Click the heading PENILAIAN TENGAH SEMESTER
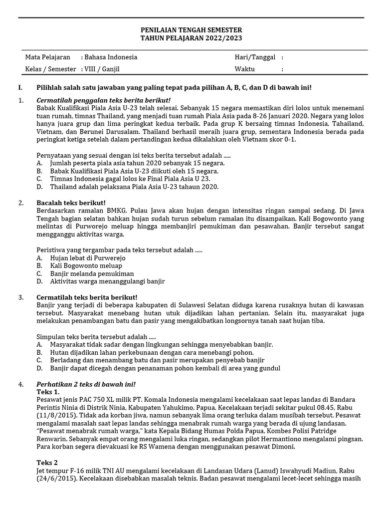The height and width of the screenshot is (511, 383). click(x=191, y=30)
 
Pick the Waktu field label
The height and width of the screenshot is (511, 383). click(x=245, y=69)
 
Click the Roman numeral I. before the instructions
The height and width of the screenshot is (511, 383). click(x=20, y=87)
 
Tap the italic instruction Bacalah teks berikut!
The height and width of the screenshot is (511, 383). click(x=71, y=203)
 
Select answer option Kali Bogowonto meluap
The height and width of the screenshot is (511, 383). click(x=86, y=266)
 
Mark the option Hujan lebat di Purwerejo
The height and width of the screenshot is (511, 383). click(x=87, y=258)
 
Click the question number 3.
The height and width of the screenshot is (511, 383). click(x=20, y=297)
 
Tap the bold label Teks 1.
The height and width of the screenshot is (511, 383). click(x=48, y=392)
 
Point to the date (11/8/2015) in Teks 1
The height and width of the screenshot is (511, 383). click(x=56, y=415)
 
